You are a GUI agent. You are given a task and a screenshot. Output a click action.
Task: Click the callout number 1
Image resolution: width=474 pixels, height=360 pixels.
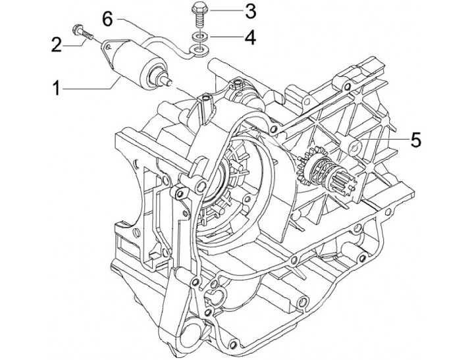point(56,89)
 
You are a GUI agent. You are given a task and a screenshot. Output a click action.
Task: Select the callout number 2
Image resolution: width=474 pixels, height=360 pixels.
point(56,45)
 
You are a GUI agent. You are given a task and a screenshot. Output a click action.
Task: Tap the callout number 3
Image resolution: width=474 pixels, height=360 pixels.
point(250,11)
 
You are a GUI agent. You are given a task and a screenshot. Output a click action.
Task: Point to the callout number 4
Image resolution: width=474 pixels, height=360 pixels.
point(250,38)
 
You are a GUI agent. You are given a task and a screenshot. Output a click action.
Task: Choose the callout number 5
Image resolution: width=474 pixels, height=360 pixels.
point(415,140)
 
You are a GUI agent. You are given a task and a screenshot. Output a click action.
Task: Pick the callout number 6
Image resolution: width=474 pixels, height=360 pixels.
point(107,19)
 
